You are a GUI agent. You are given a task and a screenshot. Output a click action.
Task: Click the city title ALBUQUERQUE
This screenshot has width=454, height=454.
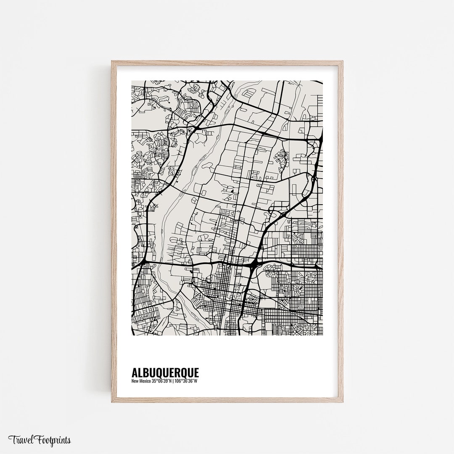[x=165, y=372]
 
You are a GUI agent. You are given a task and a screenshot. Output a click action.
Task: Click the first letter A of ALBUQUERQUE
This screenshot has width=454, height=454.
[x=135, y=372]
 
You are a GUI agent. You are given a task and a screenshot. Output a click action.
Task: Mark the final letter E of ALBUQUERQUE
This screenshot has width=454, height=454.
[x=196, y=372]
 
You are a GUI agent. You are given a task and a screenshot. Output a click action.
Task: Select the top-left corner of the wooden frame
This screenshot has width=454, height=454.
[x=112, y=61]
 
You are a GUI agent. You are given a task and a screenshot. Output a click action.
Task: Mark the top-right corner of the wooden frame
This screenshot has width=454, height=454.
[x=343, y=61]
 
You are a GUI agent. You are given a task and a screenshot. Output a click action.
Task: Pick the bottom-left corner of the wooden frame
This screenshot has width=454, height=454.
[x=112, y=402]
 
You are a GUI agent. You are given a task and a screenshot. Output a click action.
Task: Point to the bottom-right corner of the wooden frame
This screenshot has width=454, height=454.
[x=343, y=402]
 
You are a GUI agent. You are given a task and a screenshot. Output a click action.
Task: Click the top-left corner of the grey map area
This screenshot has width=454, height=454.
[x=132, y=81]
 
